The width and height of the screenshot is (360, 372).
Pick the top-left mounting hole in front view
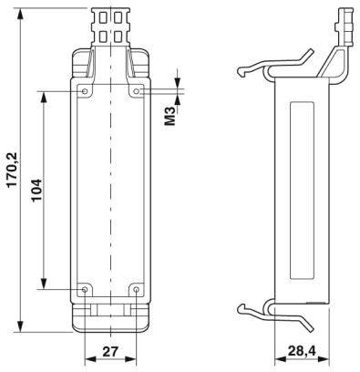(x=86, y=92)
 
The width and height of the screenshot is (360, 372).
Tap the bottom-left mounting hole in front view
(x=86, y=289)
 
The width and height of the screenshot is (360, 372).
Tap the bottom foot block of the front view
(x=110, y=315)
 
